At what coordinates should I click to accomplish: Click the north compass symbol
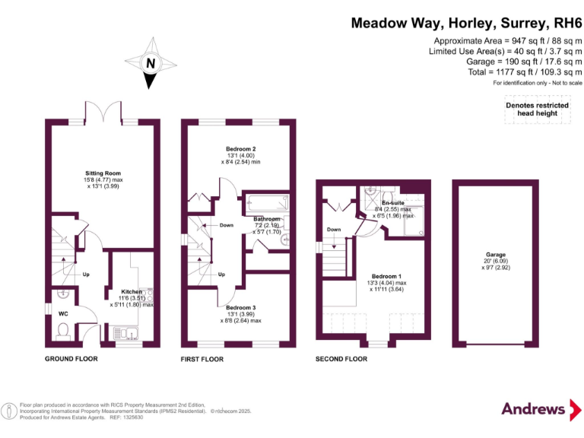tap(150, 65)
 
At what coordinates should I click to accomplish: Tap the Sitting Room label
tap(103, 173)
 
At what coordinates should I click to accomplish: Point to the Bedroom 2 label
tap(240, 149)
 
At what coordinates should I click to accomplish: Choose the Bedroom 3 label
tap(240, 307)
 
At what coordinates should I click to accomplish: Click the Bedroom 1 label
tap(386, 276)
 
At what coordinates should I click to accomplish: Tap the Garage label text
tap(496, 255)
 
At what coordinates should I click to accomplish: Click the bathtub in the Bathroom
tap(265, 205)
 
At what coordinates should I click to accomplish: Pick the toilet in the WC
tap(62, 329)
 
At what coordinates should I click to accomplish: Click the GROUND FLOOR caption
tap(71, 358)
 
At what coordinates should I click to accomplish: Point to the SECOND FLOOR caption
tap(341, 358)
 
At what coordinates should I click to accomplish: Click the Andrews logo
tap(538, 409)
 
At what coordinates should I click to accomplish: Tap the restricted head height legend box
tap(537, 109)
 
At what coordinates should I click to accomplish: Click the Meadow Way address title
tap(465, 23)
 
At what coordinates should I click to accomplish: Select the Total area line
tap(525, 71)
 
